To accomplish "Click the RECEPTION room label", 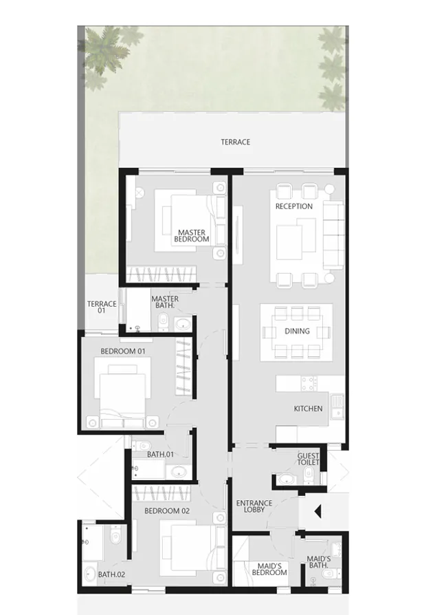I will click(293, 206).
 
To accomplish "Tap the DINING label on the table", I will click(297, 331).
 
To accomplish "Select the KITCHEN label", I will click(308, 409).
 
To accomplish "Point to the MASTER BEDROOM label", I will click(192, 236).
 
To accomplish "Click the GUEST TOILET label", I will click(309, 460).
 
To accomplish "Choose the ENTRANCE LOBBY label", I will click(254, 506).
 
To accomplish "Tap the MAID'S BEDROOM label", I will click(267, 569).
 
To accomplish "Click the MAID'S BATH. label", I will click(319, 562).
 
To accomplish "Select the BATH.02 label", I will click(111, 574).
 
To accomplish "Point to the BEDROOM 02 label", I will click(166, 511).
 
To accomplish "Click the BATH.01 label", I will click(160, 455).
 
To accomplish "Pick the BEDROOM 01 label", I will click(123, 351).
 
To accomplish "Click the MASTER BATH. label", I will click(165, 303).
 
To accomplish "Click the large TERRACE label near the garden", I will click(235, 142).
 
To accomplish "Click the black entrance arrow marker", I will click(318, 512).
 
